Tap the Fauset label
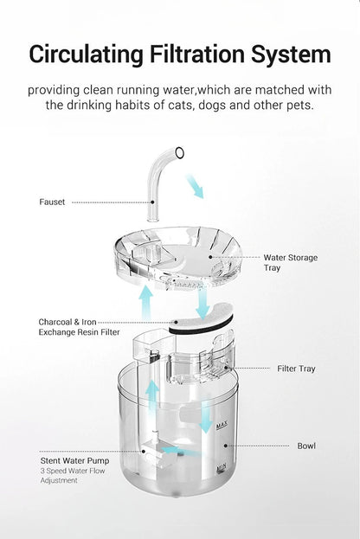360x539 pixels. pos(51,202)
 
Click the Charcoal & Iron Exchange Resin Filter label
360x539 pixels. pos(79,326)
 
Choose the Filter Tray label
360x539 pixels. pos(296,369)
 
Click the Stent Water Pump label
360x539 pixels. pos(75,462)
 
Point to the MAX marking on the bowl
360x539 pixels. pos(222,421)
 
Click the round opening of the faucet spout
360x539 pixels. pos(179,154)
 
